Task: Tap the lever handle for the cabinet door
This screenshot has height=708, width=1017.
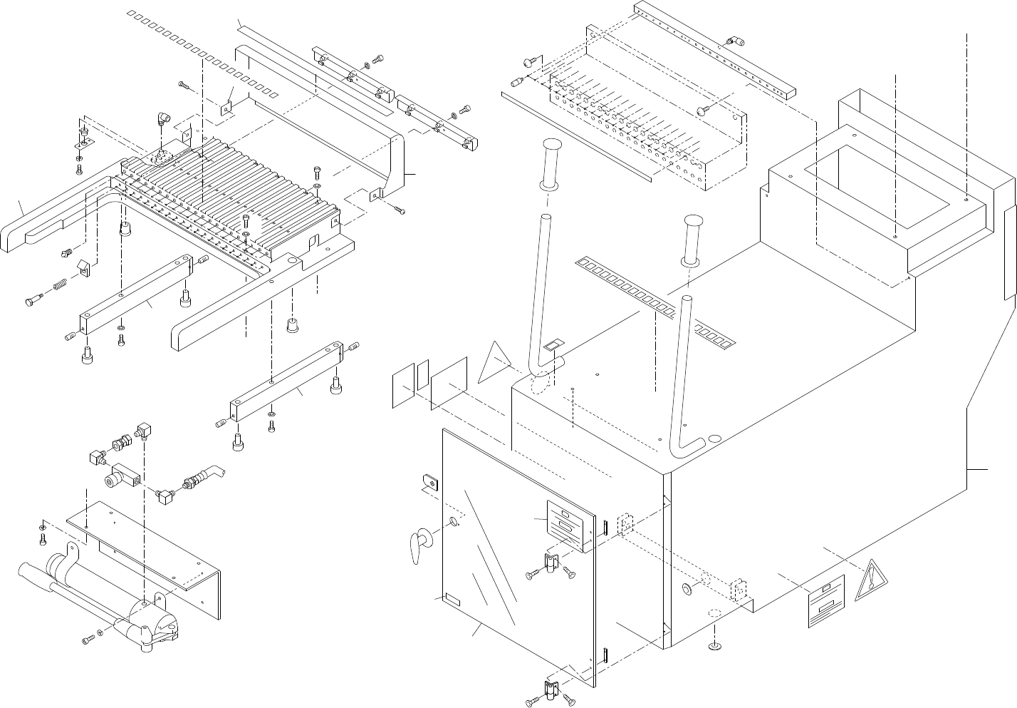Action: click(x=417, y=545)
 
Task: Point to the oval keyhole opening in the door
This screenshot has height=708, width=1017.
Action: click(x=454, y=526)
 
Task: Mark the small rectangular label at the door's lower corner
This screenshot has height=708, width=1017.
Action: click(x=451, y=597)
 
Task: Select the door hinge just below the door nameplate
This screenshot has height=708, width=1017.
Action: click(x=550, y=563)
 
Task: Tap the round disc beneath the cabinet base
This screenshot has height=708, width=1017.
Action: click(x=714, y=647)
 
